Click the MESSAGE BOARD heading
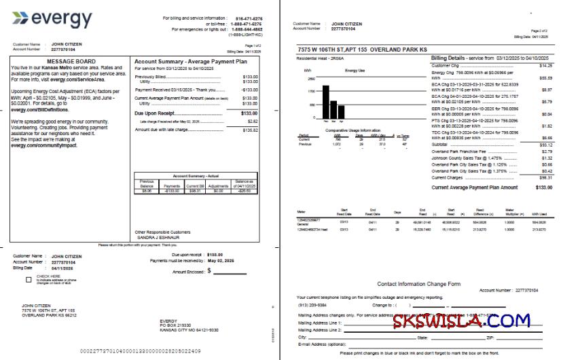tap(70, 61)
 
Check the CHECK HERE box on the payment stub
tap(29, 278)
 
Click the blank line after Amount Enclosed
tap(229, 271)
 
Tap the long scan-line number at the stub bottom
tap(140, 350)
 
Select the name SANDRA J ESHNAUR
tap(158, 238)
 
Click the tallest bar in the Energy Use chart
tap(326, 102)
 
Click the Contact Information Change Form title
tap(418, 283)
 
